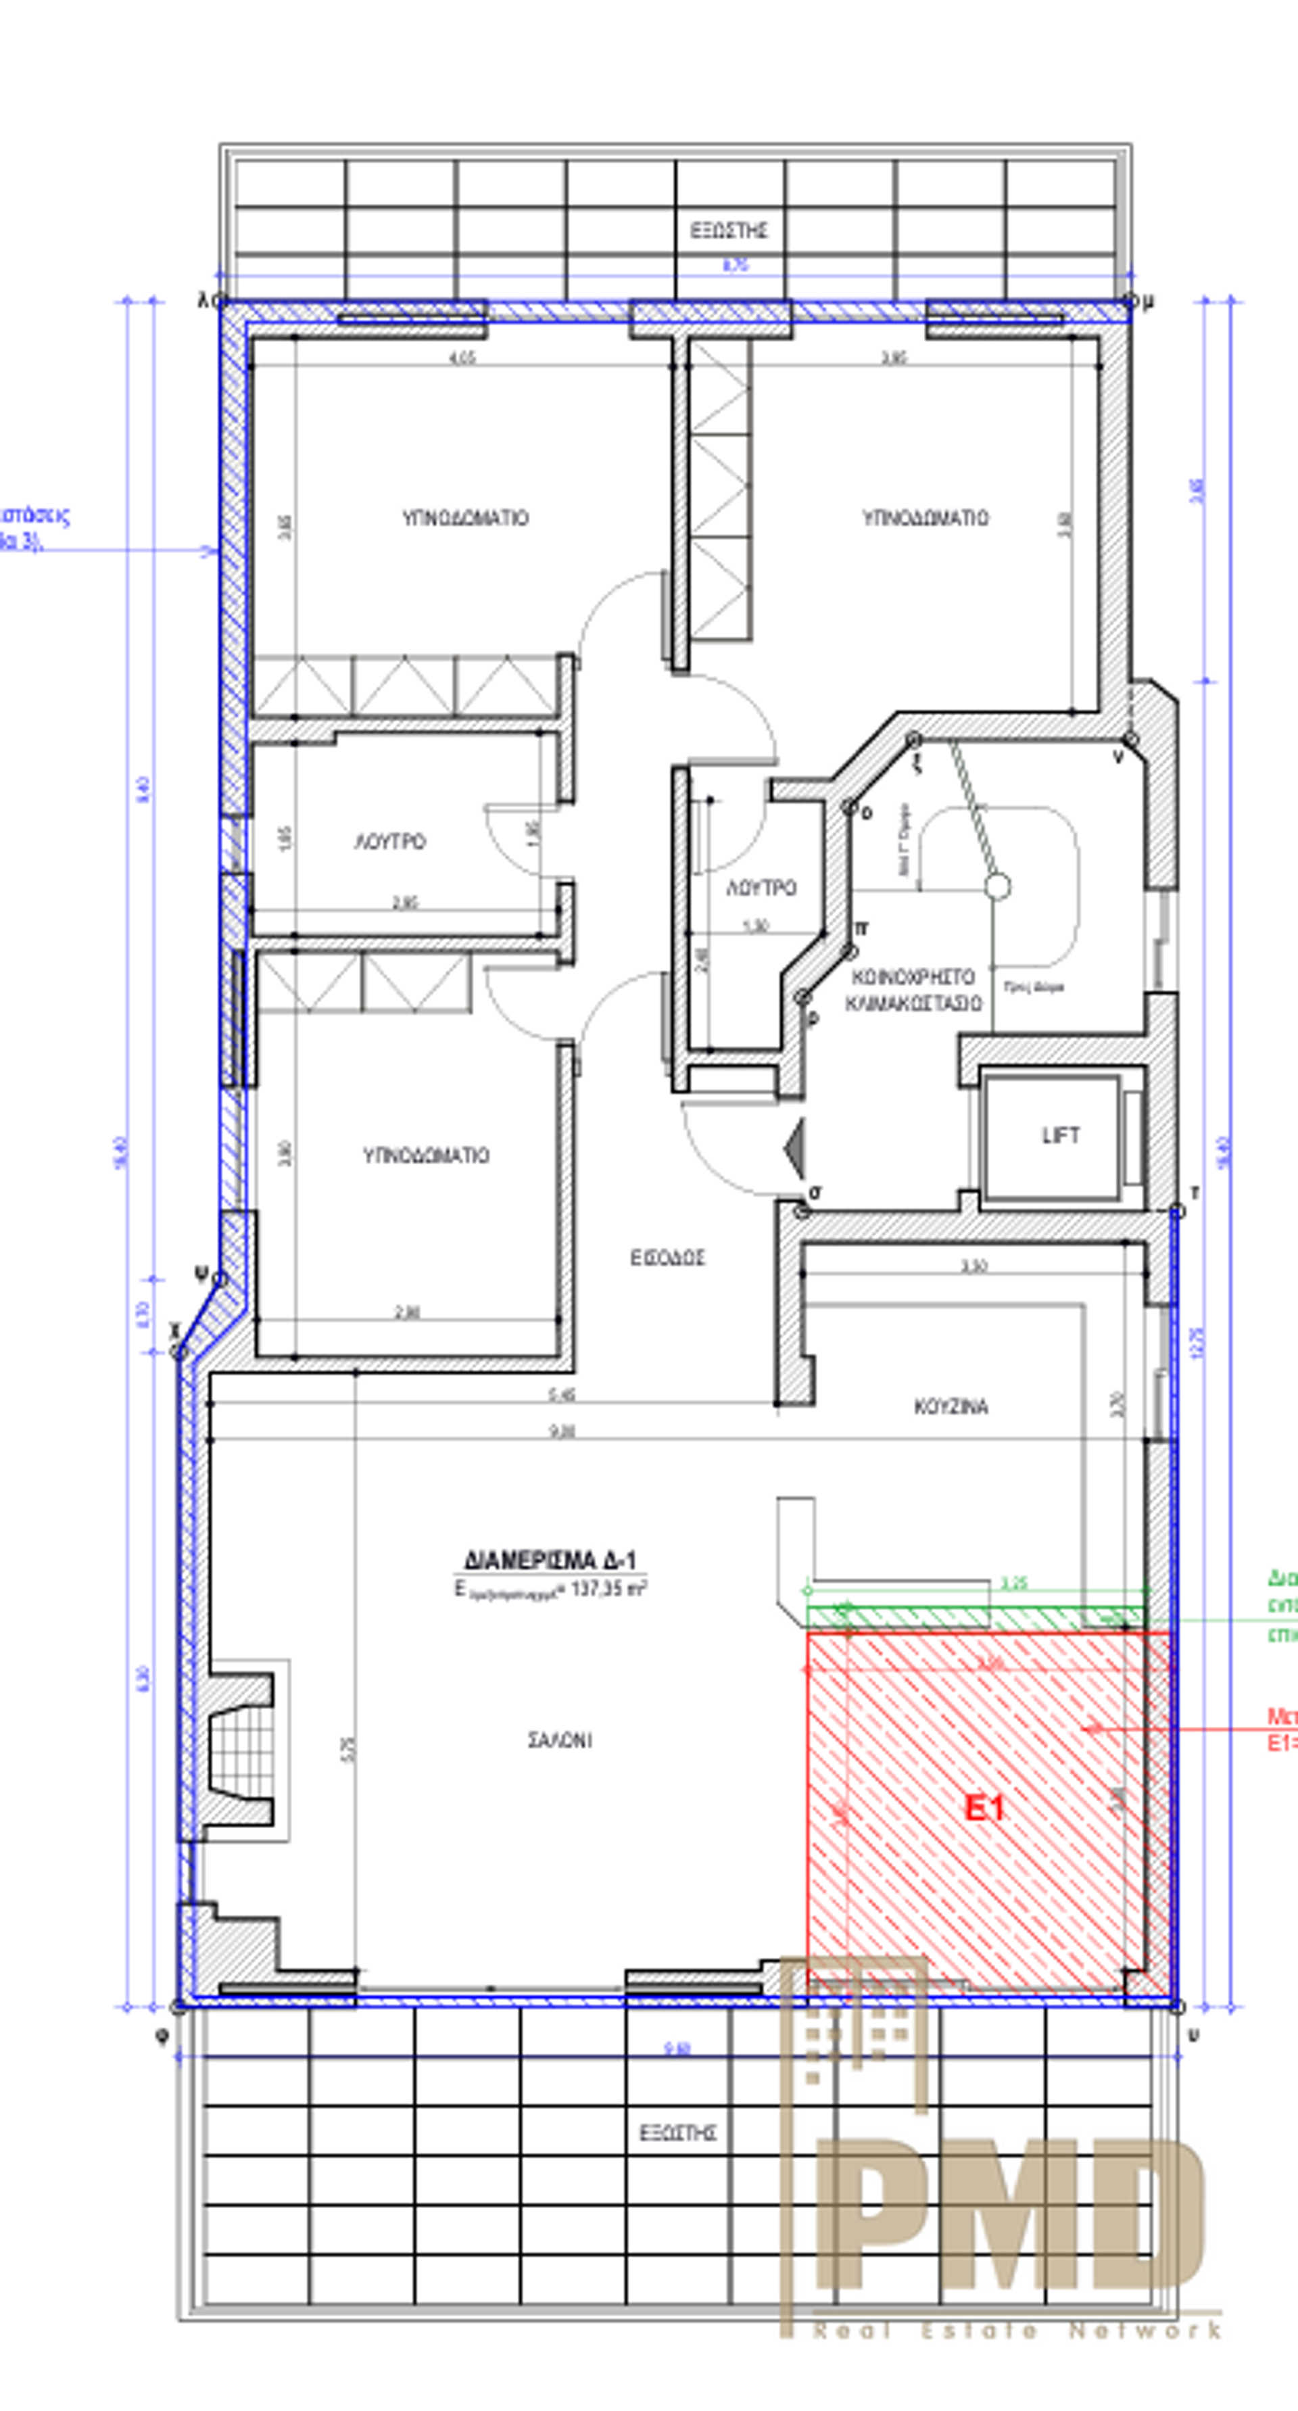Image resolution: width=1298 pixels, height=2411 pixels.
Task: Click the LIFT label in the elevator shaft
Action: click(1060, 1135)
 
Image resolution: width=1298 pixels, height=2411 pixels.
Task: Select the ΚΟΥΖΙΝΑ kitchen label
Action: click(950, 1407)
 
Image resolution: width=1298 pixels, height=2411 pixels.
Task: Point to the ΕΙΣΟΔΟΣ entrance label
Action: click(667, 1258)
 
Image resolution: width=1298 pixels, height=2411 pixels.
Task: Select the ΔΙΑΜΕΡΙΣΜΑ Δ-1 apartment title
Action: click(550, 1560)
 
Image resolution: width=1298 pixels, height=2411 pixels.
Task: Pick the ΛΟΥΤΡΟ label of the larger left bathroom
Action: click(390, 842)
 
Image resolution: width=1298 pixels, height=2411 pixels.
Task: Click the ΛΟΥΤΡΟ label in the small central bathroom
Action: click(761, 887)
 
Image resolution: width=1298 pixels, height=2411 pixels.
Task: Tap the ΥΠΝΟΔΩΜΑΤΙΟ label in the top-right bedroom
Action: click(925, 518)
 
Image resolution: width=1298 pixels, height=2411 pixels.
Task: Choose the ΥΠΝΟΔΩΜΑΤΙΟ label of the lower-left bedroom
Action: click(426, 1156)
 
